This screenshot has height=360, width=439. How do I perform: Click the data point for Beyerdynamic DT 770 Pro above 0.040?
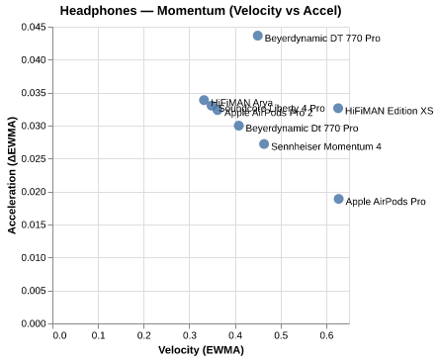pos(258,36)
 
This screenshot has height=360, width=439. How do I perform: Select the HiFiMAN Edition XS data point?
pos(338,109)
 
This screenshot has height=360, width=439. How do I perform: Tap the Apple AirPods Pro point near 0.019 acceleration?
pos(338,199)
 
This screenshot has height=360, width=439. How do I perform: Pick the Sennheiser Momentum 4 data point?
pos(264,144)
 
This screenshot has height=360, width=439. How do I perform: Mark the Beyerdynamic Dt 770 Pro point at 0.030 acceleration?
pos(238,126)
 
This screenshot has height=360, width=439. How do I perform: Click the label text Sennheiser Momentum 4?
pos(326,146)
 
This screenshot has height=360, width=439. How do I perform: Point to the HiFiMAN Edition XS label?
pos(389,111)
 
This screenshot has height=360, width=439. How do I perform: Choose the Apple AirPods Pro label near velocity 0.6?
pos(386,202)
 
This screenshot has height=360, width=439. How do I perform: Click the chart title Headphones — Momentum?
pos(201,11)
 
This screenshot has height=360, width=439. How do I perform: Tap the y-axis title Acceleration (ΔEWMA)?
pos(12,175)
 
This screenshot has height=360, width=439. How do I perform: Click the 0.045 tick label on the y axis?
pos(34,27)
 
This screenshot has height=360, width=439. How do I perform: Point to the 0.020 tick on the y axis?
pos(34,192)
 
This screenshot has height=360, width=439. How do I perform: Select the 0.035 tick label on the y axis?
pos(34,93)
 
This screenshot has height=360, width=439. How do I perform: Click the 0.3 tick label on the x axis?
pos(191,335)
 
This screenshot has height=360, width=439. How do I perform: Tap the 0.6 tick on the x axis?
pos(327,335)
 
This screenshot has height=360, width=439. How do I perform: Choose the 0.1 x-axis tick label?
pos(99,335)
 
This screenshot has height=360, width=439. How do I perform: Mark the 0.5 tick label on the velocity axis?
pos(282,335)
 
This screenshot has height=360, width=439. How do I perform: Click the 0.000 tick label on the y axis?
pos(34,323)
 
